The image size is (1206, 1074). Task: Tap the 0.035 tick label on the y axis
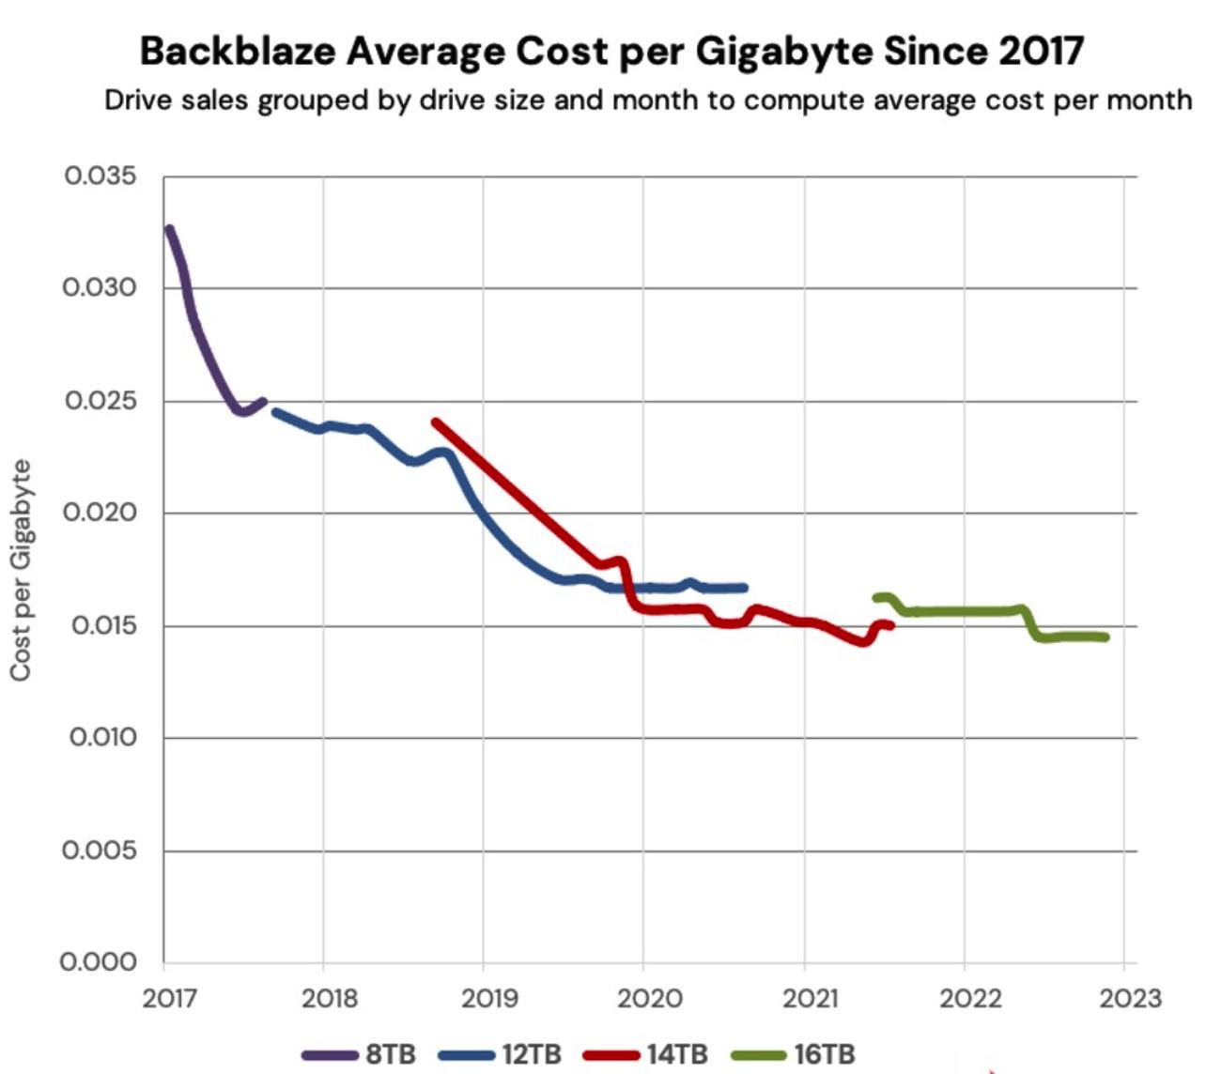point(100,176)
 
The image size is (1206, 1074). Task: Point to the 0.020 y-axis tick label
point(100,513)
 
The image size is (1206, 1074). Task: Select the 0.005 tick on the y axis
point(100,850)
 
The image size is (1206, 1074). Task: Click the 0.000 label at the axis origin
point(99,962)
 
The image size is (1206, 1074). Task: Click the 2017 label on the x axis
point(170,998)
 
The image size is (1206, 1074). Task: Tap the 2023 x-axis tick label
point(1131,998)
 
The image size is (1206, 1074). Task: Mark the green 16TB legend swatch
point(758,1055)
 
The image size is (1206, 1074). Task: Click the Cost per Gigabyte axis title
point(21,570)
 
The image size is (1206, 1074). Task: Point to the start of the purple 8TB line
point(169,228)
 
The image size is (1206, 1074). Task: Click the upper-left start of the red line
point(435,422)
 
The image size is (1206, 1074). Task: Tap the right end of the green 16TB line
point(1105,637)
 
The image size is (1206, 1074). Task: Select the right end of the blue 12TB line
point(744,588)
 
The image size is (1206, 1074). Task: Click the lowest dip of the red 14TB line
point(862,642)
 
